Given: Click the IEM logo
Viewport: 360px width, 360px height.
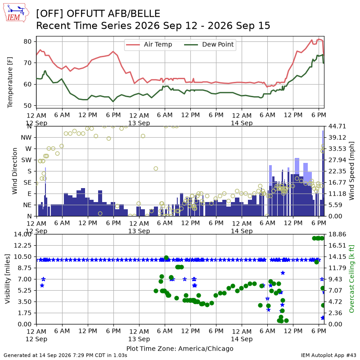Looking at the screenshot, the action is point(16,13).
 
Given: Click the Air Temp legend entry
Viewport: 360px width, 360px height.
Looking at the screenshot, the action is point(149,45).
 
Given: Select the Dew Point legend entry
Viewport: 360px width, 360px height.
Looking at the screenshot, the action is point(209,45).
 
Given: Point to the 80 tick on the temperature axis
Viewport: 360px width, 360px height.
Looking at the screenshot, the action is point(27,41).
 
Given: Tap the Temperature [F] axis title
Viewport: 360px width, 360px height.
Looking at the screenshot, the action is point(9,82).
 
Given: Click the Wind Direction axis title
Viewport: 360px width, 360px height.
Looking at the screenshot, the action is point(15,171).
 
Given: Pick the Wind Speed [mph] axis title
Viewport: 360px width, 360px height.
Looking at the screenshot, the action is point(351,171).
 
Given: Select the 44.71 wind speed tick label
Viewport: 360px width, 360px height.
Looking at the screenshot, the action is point(337,126).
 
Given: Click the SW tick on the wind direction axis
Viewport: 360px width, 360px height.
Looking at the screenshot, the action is point(26,160).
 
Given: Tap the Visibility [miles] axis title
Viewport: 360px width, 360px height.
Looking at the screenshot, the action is point(8,279).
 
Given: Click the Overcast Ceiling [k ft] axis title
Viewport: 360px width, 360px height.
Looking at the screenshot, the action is point(351,279).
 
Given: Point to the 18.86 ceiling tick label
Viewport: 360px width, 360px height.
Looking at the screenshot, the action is point(337,234).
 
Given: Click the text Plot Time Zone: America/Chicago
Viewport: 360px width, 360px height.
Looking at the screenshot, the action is point(180,348).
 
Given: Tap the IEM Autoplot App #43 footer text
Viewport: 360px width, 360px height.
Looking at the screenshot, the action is point(328,355).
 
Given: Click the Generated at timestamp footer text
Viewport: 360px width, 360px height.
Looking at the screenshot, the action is point(65,355).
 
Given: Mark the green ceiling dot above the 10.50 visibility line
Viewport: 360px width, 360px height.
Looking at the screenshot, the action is point(166,257).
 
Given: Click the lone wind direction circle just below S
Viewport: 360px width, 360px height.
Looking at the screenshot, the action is point(156,168).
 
